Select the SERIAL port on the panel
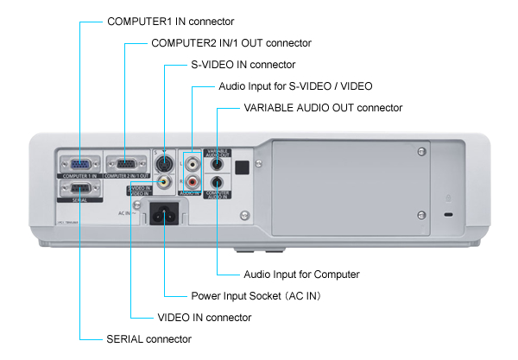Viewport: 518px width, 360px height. tap(79, 189)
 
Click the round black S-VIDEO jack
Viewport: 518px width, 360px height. tap(165, 165)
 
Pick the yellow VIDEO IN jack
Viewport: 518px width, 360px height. tap(165, 183)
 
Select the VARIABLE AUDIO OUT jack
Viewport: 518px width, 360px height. tap(218, 162)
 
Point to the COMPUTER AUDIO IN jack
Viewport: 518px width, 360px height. tap(218, 182)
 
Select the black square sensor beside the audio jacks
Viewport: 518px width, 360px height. tap(243, 167)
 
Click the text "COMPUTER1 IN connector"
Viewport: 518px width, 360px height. tap(170, 20)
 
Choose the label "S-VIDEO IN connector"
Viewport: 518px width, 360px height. tap(243, 65)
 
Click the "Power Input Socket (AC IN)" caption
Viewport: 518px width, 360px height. tap(254, 296)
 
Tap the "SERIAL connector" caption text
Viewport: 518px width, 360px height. tap(149, 339)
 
